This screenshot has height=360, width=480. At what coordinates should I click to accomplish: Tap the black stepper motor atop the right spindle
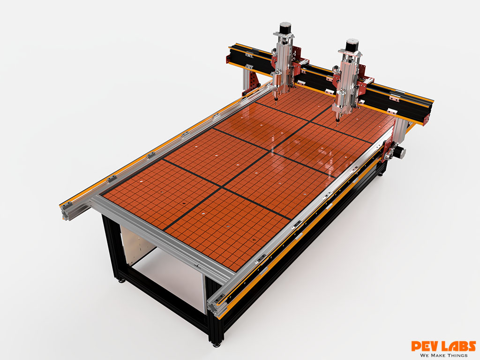point(352,46)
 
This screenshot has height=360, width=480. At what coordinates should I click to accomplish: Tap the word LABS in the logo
point(458,346)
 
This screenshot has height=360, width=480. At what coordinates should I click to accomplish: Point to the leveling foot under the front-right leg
point(217,345)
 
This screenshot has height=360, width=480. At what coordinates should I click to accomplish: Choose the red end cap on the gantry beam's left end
point(229,58)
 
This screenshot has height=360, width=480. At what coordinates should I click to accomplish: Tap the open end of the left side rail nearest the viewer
point(67,212)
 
